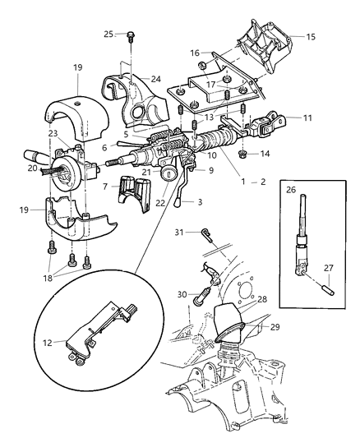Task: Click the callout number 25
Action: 108,34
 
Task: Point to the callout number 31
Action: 178,233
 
